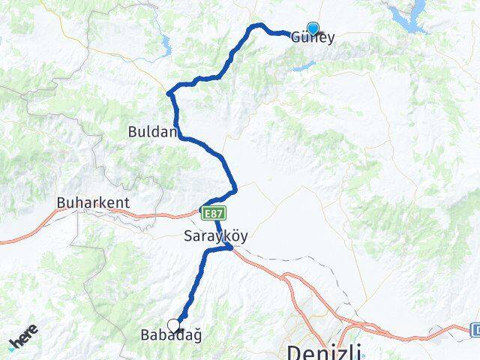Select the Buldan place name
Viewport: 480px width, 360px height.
tap(152, 131)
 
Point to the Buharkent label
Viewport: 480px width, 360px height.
tap(93, 203)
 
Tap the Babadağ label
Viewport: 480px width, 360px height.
tap(171, 335)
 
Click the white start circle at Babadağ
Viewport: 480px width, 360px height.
tap(174, 325)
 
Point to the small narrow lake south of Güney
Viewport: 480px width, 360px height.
tap(304, 67)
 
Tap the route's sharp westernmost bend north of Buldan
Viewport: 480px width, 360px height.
tap(169, 93)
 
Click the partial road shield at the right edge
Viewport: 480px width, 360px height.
tap(475, 328)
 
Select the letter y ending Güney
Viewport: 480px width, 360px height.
tap(330, 37)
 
